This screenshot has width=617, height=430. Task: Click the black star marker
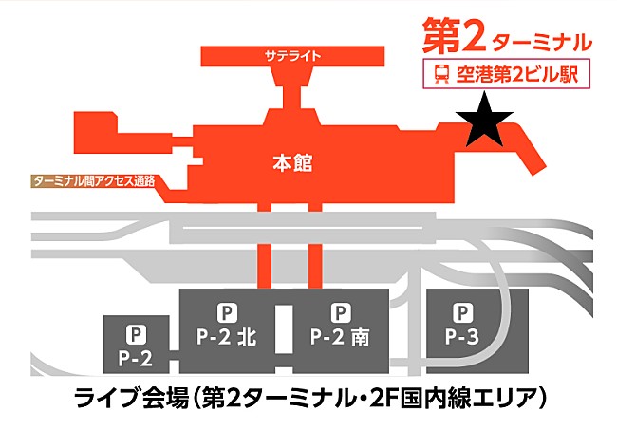click(x=484, y=121)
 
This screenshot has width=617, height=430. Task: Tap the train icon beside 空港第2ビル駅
click(x=442, y=74)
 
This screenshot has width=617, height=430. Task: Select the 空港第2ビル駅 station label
click(x=517, y=74)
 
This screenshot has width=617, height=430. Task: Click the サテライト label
click(x=292, y=55)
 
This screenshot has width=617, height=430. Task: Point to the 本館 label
click(x=292, y=163)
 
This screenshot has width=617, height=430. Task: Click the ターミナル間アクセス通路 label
click(x=94, y=181)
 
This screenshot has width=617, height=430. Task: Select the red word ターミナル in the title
click(x=542, y=42)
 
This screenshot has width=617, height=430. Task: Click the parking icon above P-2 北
click(x=227, y=313)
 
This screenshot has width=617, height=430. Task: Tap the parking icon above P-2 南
click(x=341, y=313)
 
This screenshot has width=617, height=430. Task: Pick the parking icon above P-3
click(x=462, y=313)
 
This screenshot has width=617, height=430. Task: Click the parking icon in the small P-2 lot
click(x=136, y=335)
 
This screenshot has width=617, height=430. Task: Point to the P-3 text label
click(x=462, y=337)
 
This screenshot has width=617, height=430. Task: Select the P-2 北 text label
click(x=227, y=337)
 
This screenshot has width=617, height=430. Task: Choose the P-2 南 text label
click(x=340, y=337)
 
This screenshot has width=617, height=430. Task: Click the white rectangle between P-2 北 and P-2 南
click(x=283, y=328)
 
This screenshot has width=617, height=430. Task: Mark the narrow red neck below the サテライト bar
click(x=292, y=96)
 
